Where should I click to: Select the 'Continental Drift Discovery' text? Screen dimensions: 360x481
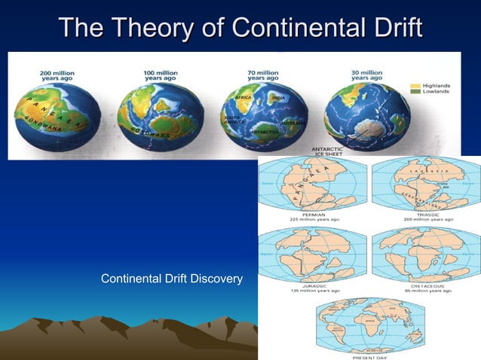[x=171, y=280]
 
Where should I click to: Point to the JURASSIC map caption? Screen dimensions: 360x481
[x=312, y=286]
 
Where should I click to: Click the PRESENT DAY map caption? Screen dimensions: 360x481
[x=369, y=356]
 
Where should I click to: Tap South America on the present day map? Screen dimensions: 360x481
[x=339, y=334]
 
